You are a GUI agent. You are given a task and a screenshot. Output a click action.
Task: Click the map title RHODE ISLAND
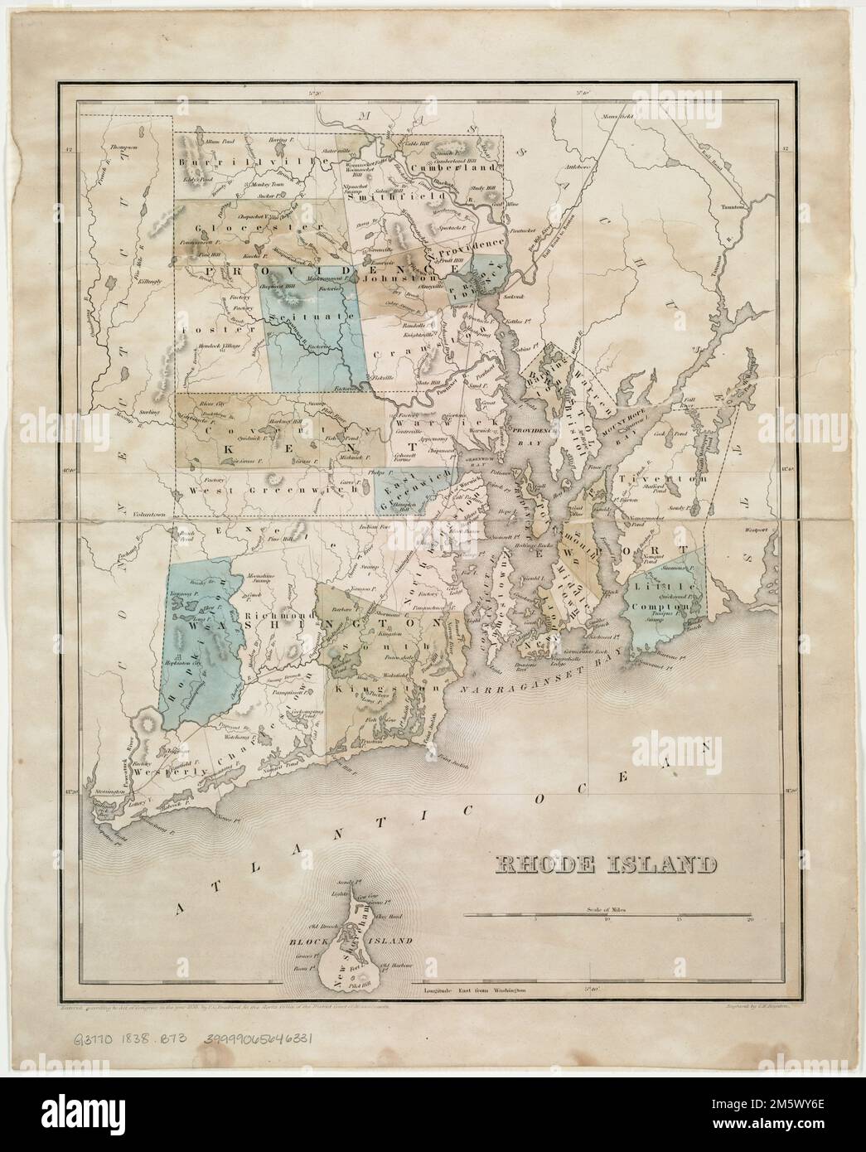click(x=606, y=867)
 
